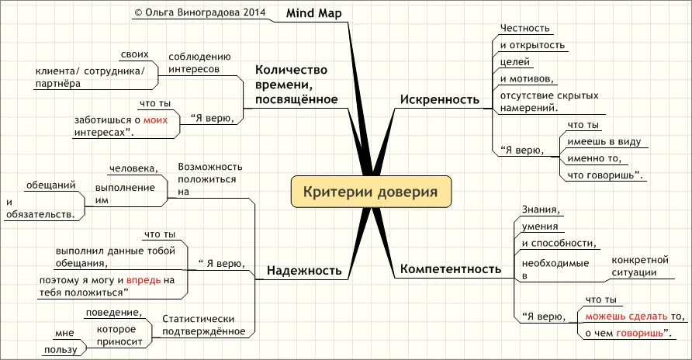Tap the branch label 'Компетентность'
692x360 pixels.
450,270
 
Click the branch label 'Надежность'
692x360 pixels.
304,270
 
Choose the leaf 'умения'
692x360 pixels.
541,227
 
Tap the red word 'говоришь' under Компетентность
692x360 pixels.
640,334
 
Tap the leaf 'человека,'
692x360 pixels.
133,168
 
